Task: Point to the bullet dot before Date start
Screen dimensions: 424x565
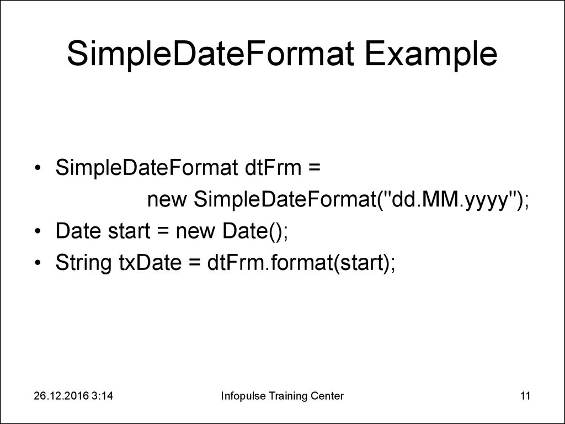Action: (36, 232)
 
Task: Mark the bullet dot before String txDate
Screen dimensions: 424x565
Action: (36, 264)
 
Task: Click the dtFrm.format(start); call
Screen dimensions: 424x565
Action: (301, 264)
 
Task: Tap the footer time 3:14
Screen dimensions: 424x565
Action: (109, 395)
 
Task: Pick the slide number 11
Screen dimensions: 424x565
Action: (525, 395)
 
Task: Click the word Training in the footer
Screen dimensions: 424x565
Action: (285, 395)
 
